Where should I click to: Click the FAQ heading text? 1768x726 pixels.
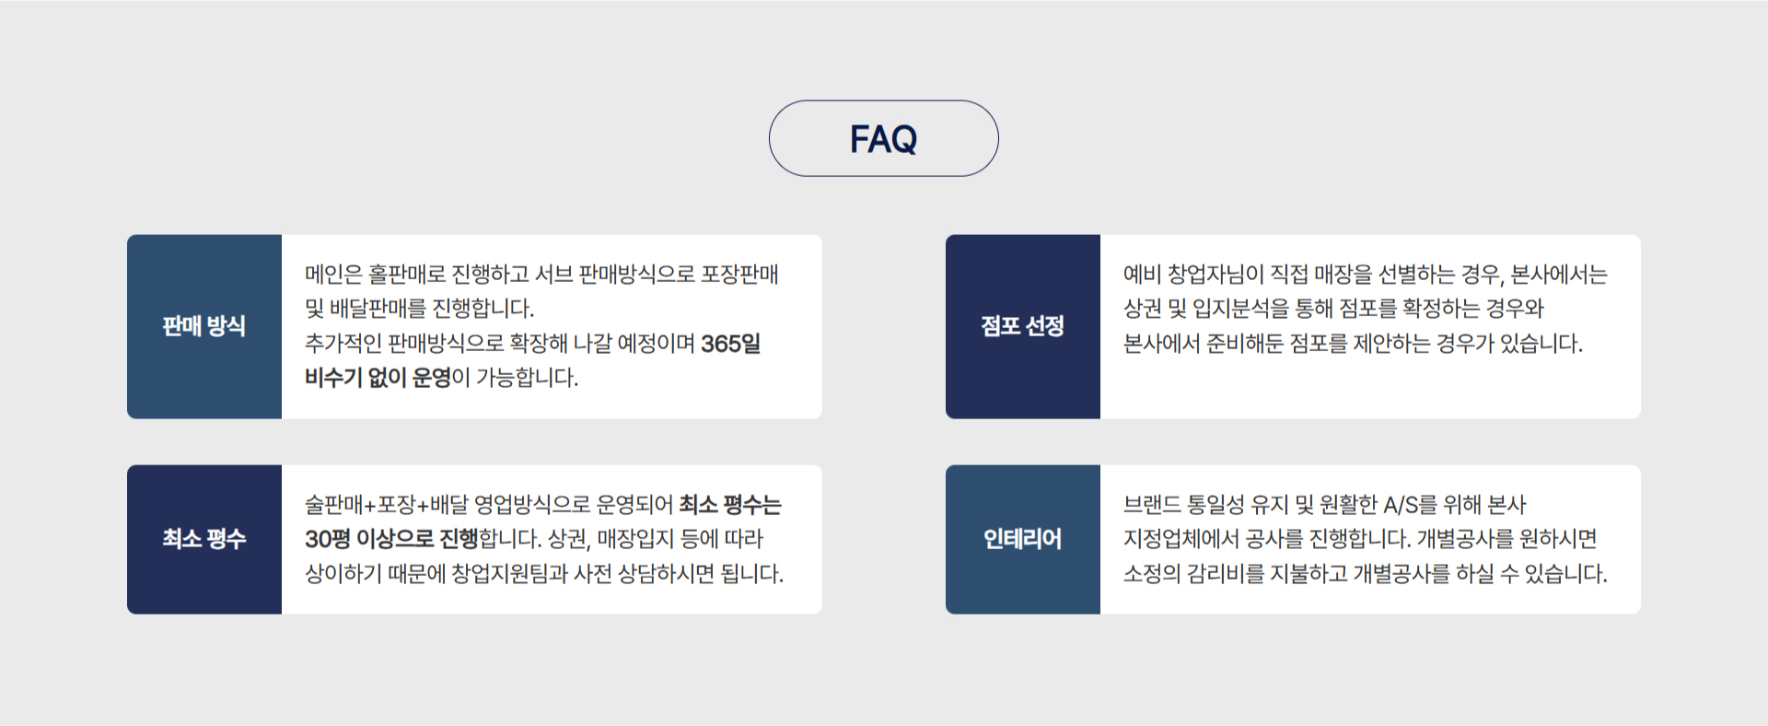(883, 139)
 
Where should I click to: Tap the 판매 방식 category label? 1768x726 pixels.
(204, 326)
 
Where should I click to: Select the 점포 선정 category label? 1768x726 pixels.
(1022, 326)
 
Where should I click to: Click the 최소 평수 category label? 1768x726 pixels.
(204, 539)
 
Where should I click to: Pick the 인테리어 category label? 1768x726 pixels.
(1022, 539)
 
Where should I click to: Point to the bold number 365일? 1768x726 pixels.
(731, 344)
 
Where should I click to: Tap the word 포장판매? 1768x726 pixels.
(740, 275)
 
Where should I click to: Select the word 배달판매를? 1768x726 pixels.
(378, 309)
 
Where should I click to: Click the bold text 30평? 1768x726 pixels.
(328, 539)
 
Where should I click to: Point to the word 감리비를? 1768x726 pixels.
(1226, 574)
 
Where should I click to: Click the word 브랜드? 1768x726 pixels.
(1152, 505)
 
